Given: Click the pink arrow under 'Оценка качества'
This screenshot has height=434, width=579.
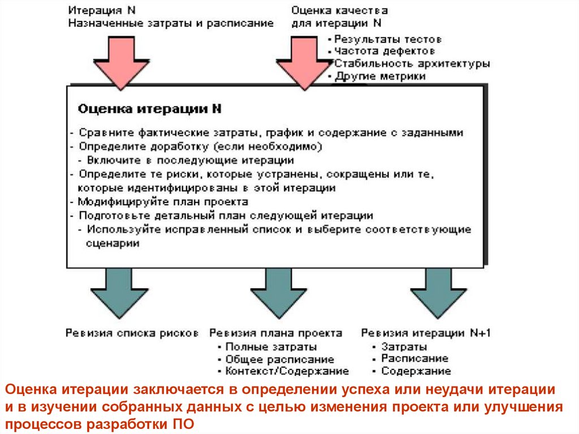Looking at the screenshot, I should point(305,62).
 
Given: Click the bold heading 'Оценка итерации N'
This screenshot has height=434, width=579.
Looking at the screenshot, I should point(149,109).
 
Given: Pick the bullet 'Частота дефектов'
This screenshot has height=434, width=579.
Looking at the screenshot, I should point(384,51).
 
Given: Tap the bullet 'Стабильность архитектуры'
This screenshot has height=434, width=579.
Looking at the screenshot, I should point(412,63).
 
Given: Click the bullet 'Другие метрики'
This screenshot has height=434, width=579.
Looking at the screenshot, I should point(379,76).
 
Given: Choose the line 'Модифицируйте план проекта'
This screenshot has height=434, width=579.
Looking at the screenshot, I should point(163,201).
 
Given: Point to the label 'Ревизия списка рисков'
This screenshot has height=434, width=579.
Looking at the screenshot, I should point(132,333).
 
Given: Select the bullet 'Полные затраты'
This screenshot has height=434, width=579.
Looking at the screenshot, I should point(270,347).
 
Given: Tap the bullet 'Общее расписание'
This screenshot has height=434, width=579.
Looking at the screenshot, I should point(279,359).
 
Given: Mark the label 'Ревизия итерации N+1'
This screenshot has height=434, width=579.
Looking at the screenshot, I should point(426,333).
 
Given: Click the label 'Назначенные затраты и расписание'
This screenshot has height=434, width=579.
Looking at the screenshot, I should point(171,23).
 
